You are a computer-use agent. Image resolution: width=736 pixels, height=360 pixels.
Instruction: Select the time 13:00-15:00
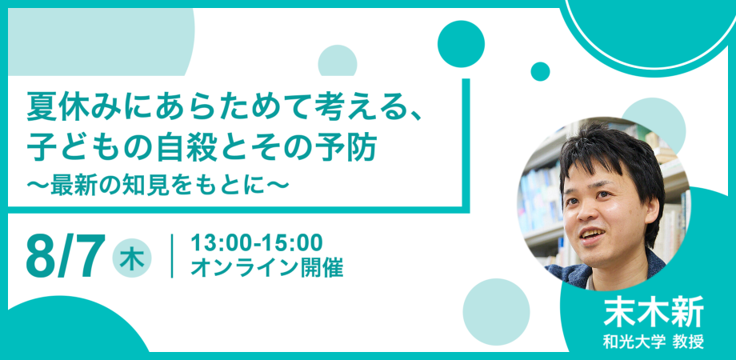coord(257,242)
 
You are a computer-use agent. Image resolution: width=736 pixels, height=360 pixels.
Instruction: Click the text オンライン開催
coord(266,268)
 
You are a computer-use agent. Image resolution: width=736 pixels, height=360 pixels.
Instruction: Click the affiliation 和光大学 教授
coord(654,342)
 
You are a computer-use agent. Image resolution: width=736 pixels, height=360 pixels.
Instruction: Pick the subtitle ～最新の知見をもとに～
coord(158,185)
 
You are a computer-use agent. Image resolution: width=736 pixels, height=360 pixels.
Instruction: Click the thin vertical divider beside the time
coord(172,256)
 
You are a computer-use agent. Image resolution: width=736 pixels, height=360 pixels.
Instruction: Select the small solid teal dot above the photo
coord(540,71)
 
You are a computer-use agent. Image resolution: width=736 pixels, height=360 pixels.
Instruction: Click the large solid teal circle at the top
coord(461,44)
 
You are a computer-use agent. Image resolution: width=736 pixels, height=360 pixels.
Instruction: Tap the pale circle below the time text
coord(496,312)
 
